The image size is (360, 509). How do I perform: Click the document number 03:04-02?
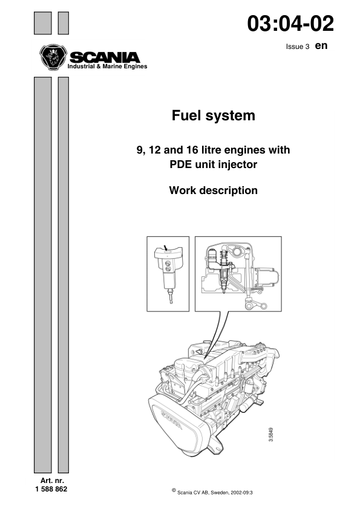point(290,24)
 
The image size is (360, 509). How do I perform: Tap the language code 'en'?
point(321,46)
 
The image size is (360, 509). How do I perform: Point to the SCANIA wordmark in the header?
point(104,57)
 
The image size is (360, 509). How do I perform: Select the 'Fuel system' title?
point(213,115)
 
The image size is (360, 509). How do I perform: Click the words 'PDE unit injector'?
point(213,163)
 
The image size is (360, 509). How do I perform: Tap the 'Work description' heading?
point(213,190)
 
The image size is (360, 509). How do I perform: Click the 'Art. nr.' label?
point(51,481)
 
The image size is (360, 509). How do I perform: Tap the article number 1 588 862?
point(51,489)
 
